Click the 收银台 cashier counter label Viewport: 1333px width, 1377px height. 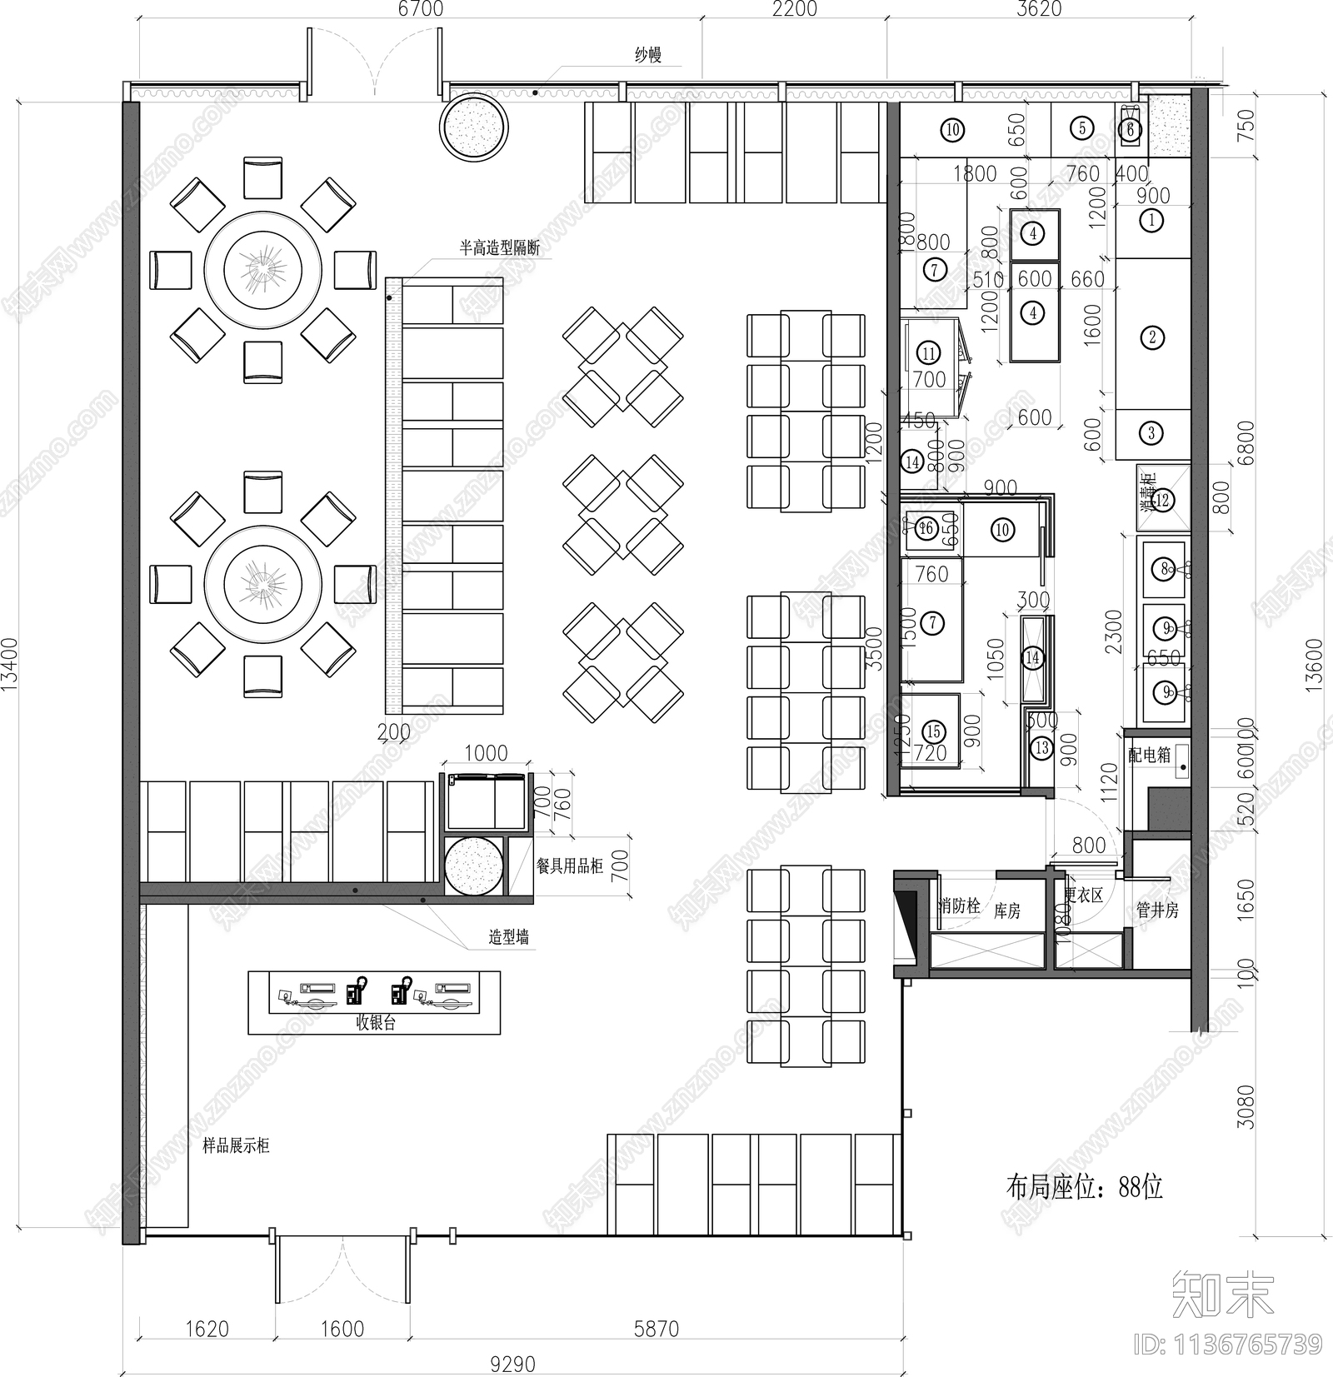click(375, 1023)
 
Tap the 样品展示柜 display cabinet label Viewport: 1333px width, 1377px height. click(236, 1146)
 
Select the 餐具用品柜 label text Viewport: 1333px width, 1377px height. click(570, 866)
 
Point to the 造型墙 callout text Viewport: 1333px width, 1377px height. click(508, 937)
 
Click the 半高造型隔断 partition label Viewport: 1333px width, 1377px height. click(500, 247)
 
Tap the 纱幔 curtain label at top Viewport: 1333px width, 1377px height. click(647, 55)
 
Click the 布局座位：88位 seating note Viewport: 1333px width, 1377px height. click(1084, 1185)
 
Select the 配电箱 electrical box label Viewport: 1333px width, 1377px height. click(1149, 755)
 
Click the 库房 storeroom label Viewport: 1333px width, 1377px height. click(1006, 911)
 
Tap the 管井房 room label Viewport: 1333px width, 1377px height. click(1157, 911)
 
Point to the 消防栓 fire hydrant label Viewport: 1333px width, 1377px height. click(959, 906)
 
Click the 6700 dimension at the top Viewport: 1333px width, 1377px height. click(421, 9)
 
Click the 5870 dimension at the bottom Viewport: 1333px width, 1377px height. click(657, 1328)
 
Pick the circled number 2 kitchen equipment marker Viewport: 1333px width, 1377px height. click(1152, 337)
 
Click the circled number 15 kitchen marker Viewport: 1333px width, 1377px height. click(933, 731)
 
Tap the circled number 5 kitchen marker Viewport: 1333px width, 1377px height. click(1081, 127)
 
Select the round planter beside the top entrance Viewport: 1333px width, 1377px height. click(473, 126)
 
